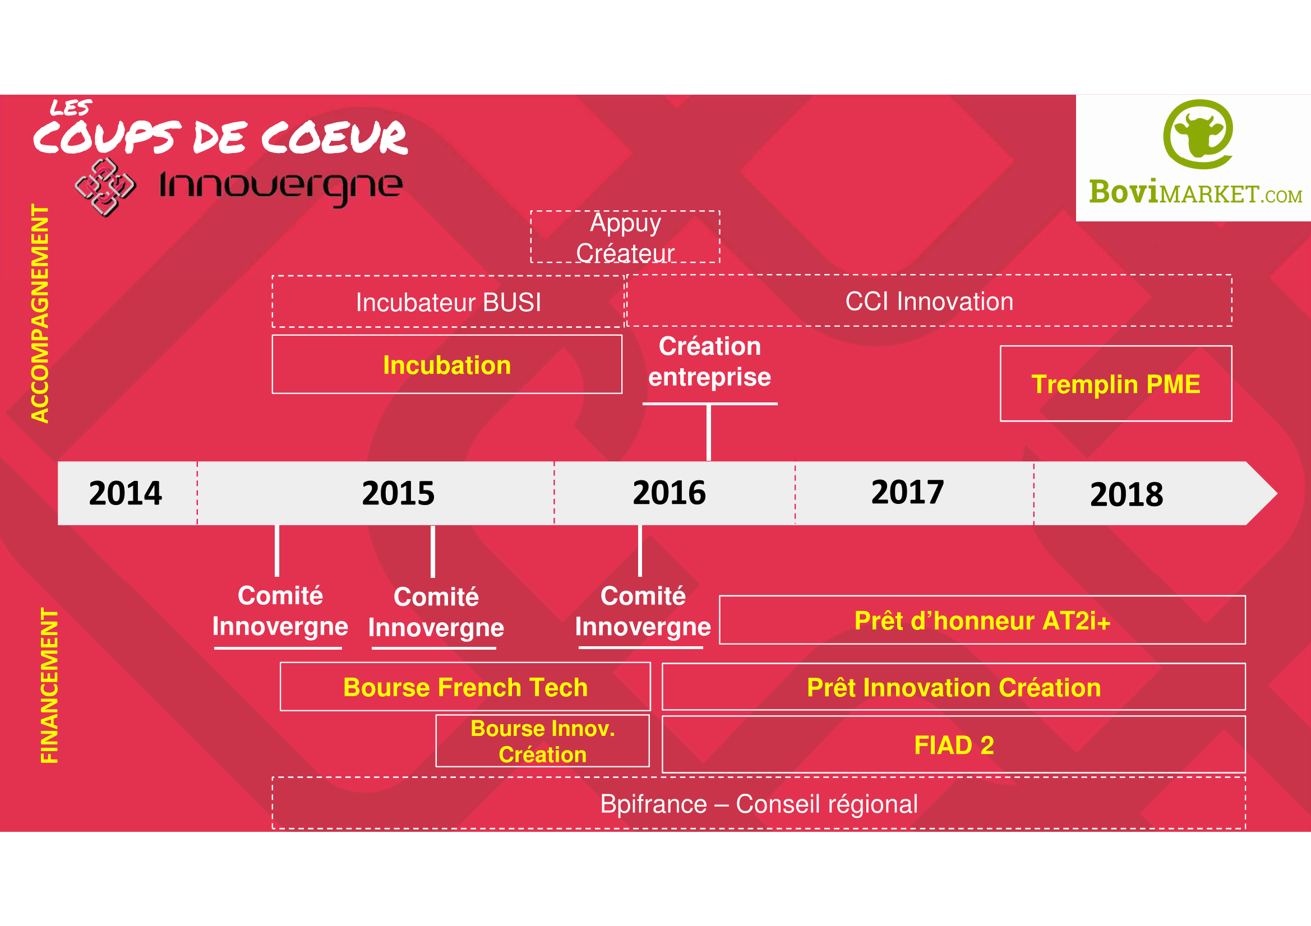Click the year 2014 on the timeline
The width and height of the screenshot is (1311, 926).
pyautogui.click(x=126, y=493)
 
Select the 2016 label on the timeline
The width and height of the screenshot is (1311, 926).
pyautogui.click(x=669, y=493)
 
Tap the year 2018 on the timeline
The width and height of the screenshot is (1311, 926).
pyautogui.click(x=1127, y=494)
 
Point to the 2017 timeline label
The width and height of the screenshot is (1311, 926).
pyautogui.click(x=907, y=492)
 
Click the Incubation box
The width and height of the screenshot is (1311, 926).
pyautogui.click(x=447, y=364)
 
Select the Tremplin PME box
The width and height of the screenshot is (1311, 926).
pyautogui.click(x=1116, y=383)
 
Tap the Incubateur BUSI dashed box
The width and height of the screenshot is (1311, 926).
pyautogui.click(x=448, y=302)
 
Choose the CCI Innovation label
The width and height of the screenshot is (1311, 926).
pyautogui.click(x=929, y=302)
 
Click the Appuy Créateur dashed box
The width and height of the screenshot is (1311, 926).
pyautogui.click(x=625, y=237)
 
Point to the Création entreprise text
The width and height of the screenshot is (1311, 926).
pyautogui.click(x=710, y=362)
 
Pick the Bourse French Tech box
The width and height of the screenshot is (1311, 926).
pyautogui.click(x=465, y=687)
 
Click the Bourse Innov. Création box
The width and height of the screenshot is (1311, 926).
pyautogui.click(x=542, y=741)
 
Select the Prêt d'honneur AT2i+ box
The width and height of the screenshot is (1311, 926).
pyautogui.click(x=982, y=620)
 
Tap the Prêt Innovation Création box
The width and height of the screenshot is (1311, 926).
pyautogui.click(x=954, y=687)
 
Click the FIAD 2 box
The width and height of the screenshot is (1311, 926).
pyautogui.click(x=954, y=744)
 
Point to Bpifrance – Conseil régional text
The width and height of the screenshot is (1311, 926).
pyautogui.click(x=759, y=804)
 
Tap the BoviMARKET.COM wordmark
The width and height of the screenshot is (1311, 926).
pyautogui.click(x=1195, y=192)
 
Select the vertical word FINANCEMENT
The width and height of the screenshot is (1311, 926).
pyautogui.click(x=49, y=685)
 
